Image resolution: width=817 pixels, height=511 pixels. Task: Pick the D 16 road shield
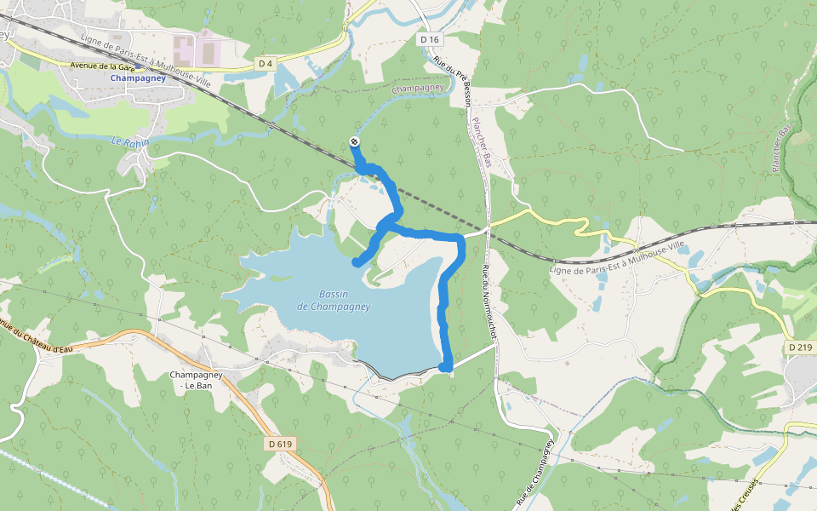tap(430, 40)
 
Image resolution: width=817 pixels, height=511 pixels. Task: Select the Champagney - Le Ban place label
tap(197, 380)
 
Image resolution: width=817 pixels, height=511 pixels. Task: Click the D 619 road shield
tap(279, 444)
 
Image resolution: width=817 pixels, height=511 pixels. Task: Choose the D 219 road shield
tap(801, 347)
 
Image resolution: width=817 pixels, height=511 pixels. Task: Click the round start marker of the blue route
tap(354, 142)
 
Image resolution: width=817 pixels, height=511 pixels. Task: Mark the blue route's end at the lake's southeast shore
tap(444, 366)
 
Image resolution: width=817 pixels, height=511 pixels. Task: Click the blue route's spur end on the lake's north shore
tap(356, 262)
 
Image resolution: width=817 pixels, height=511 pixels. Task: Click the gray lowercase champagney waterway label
tap(419, 88)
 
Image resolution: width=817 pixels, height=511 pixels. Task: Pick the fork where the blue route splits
tap(388, 223)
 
